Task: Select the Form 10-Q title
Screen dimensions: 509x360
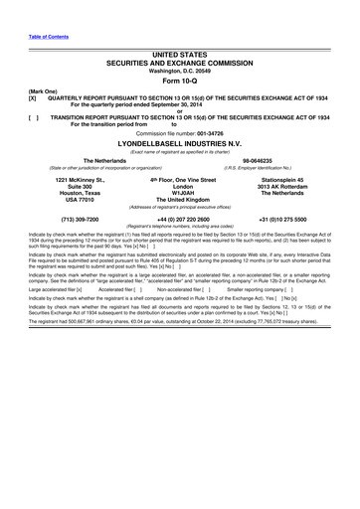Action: pos(180,82)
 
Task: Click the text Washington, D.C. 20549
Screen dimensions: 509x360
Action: pos(180,70)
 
